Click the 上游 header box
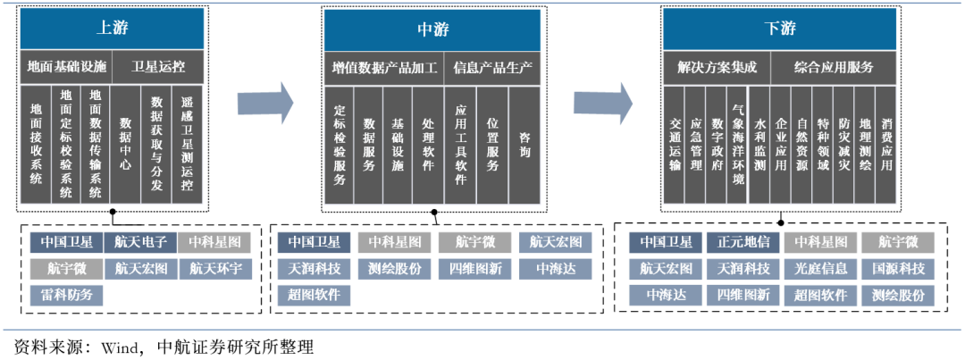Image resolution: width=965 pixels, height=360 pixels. pos(113,28)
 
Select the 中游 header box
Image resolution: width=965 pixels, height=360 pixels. pos(432,29)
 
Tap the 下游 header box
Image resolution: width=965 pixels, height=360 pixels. pos(780,29)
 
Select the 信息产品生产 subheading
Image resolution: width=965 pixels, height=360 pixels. pos(492,67)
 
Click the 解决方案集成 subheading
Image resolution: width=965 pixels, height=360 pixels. pos(717,67)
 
